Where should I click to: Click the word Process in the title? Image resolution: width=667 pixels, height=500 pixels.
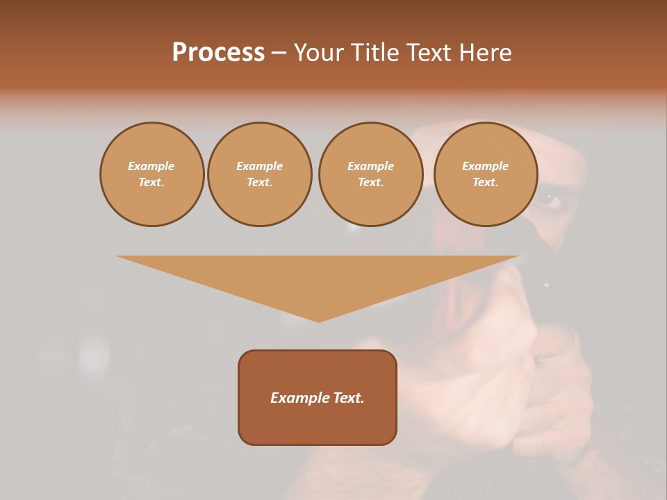pyautogui.click(x=218, y=53)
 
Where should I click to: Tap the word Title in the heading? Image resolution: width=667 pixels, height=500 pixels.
pyautogui.click(x=374, y=53)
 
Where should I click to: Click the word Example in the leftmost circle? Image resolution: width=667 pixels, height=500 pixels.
pyautogui.click(x=151, y=166)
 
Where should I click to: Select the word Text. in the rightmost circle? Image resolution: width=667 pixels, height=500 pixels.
pyautogui.click(x=485, y=182)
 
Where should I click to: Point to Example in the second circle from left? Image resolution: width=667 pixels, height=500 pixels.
pyautogui.click(x=260, y=166)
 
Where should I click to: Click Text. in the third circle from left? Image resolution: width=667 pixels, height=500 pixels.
pyautogui.click(x=370, y=182)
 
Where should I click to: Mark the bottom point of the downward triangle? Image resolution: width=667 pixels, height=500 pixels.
pyautogui.click(x=318, y=320)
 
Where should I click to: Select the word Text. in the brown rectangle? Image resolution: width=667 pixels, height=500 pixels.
pyautogui.click(x=348, y=398)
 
